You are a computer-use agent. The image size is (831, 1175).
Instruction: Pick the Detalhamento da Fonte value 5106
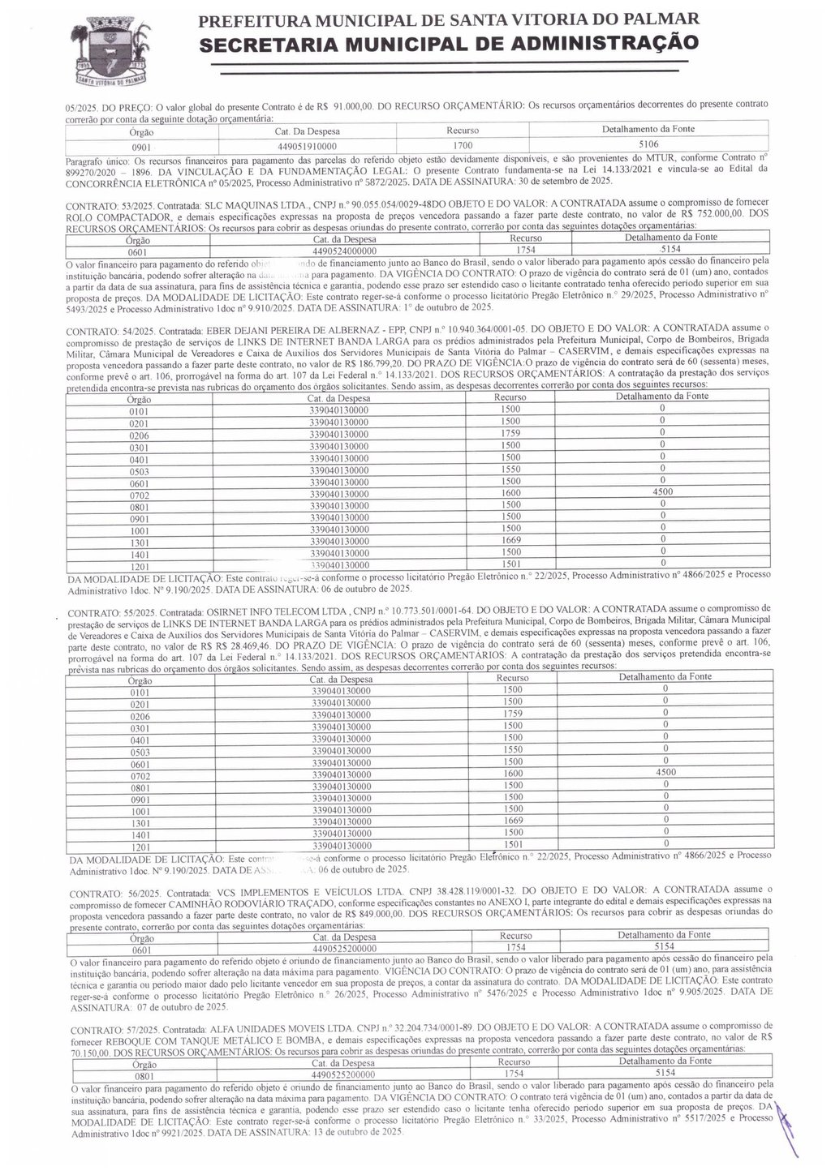point(648,146)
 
